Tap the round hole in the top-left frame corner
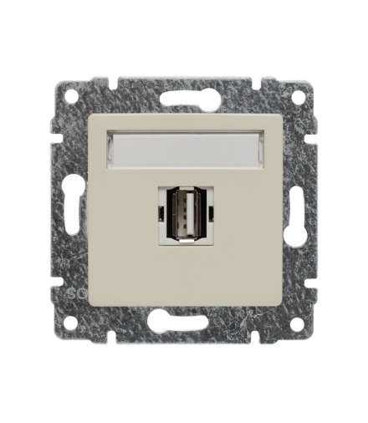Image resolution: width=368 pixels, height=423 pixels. pos(72,97)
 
